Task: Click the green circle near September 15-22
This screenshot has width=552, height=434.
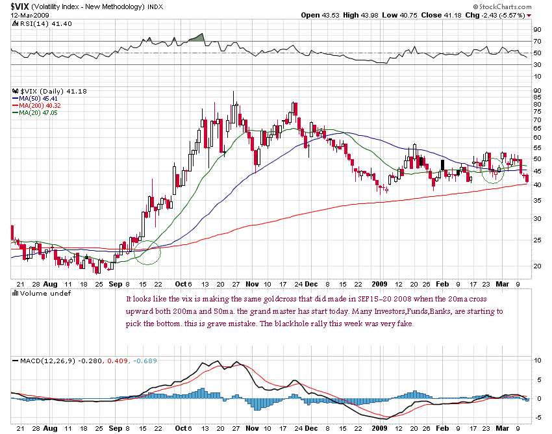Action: coord(149,253)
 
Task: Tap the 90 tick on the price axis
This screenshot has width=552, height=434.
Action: coord(538,90)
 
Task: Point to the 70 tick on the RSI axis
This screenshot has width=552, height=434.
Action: coord(538,41)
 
